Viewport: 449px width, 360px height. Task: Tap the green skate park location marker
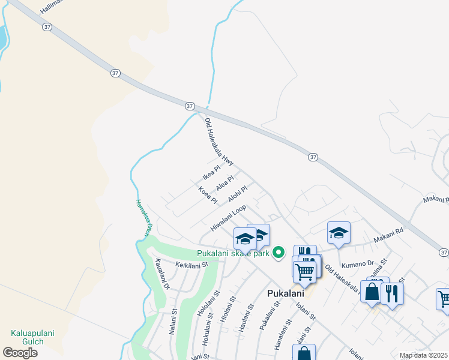(278, 253)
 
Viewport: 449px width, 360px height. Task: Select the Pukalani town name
(284, 293)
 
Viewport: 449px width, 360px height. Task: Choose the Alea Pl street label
(224, 181)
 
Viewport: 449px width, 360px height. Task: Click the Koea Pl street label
(208, 194)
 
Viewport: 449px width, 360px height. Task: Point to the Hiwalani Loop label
(228, 218)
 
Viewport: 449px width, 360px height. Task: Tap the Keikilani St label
(191, 264)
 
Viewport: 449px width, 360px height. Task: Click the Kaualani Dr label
(162, 274)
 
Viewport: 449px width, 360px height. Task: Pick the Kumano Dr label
(357, 264)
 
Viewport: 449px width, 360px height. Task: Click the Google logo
(20, 352)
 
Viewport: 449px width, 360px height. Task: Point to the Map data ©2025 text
(423, 355)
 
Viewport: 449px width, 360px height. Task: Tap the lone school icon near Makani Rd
(339, 233)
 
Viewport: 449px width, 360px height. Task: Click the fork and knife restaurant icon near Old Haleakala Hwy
(392, 293)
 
